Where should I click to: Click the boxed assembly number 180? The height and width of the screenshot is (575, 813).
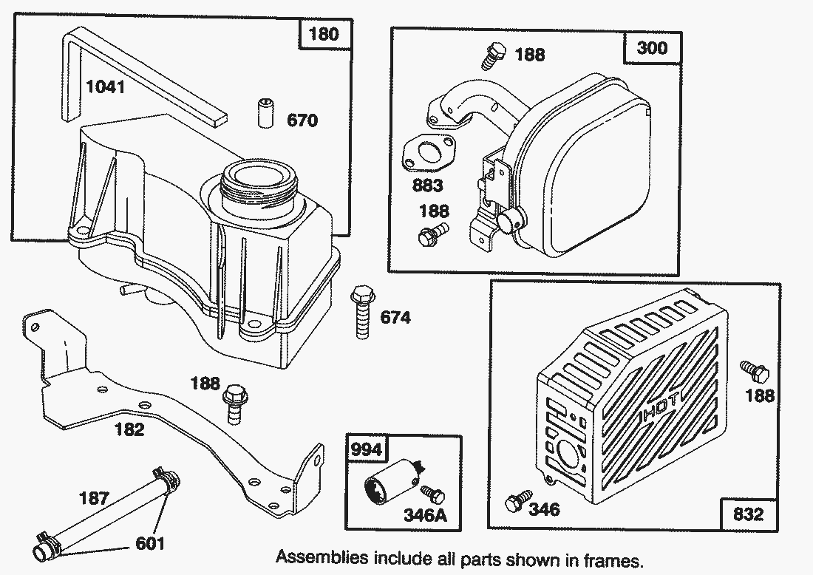point(324,35)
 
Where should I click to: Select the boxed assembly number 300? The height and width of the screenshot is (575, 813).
point(651,48)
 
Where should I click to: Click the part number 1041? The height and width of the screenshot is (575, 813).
point(106,86)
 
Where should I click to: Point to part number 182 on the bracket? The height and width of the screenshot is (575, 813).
point(129,429)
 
